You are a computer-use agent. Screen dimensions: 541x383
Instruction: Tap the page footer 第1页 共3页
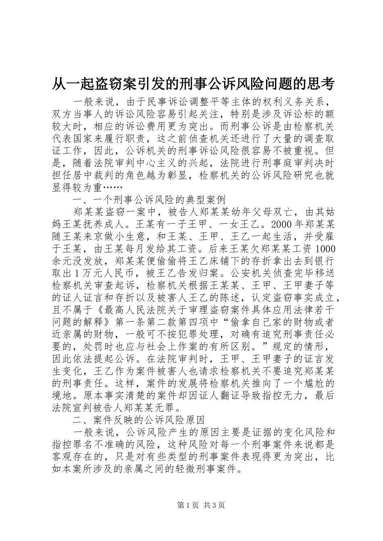[191, 506]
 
